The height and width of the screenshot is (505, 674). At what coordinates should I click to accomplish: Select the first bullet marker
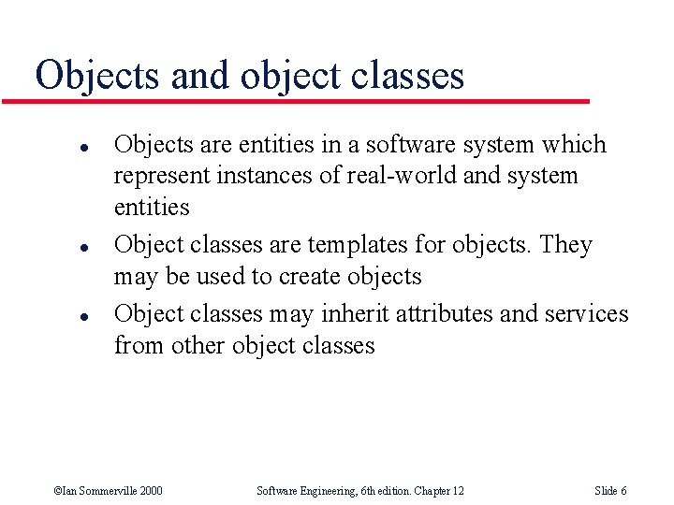tap(58, 147)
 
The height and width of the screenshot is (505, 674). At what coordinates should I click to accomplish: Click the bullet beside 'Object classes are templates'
tap(58, 247)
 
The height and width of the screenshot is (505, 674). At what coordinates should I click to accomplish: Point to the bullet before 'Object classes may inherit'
tap(58, 316)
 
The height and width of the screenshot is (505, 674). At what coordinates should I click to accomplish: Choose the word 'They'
tap(566, 245)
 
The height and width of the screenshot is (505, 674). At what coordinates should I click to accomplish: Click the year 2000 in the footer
tap(149, 491)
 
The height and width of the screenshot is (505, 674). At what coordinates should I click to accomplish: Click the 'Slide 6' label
tap(610, 491)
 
